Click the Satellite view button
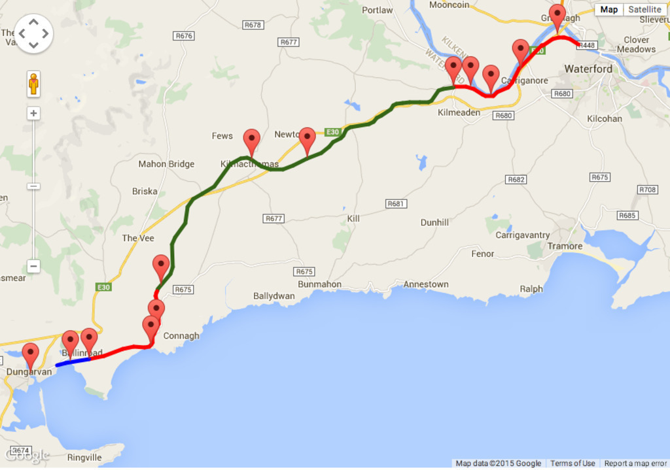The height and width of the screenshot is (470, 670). coord(644,9)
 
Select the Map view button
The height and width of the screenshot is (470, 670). coord(608,9)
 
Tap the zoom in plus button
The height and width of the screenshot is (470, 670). coord(33,113)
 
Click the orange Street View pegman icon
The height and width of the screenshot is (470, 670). coord(33,84)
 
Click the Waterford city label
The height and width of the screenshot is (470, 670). coord(588,69)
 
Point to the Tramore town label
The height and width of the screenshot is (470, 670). coord(565,246)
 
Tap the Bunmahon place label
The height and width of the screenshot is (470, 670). coord(319,284)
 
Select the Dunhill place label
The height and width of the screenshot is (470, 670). coord(434,222)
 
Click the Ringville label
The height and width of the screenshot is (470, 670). coord(84,458)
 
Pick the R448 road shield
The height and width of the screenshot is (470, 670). coord(587,45)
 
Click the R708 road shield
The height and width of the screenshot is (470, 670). coord(647,190)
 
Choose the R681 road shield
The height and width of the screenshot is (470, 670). coord(396,204)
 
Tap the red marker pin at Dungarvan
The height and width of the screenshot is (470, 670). coord(30,355)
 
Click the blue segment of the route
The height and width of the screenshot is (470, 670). coord(73,361)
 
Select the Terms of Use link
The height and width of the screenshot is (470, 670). coord(573,463)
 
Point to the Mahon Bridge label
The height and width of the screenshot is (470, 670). coord(166,164)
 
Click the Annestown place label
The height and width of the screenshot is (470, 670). coord(426,284)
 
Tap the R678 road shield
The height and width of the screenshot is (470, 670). coord(252,25)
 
